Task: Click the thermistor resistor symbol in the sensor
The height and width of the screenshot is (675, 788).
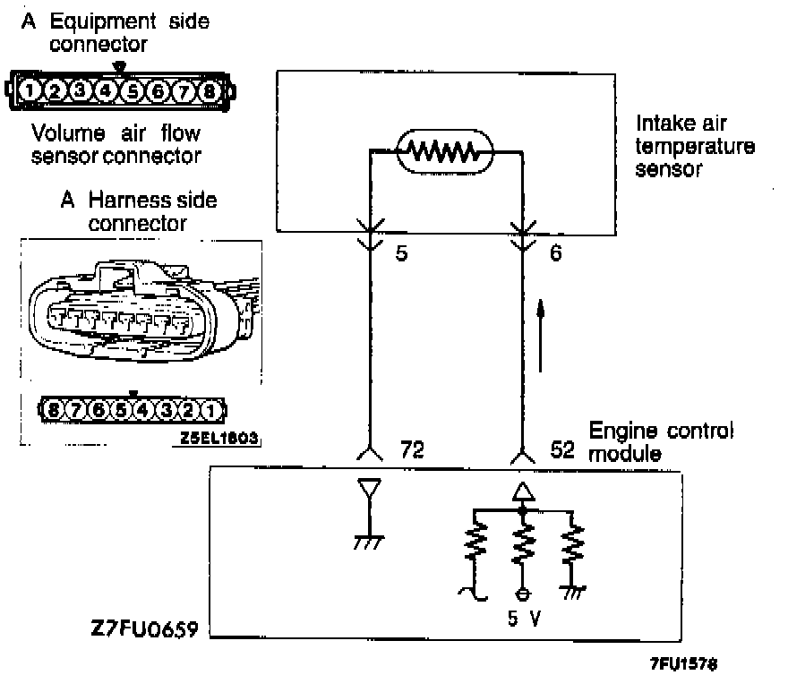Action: (445, 153)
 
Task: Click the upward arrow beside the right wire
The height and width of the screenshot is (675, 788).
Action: (541, 337)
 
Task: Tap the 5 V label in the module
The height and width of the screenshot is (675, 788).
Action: (523, 618)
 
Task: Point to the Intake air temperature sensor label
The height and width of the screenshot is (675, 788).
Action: (695, 145)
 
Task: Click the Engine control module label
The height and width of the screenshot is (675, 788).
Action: (661, 441)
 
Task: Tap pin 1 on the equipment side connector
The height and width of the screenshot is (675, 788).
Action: (30, 90)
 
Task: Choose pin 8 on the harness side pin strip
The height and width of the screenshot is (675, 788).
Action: (55, 411)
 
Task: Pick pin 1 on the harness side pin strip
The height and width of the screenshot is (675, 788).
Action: (209, 411)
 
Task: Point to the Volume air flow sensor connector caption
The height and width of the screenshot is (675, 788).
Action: (116, 145)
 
